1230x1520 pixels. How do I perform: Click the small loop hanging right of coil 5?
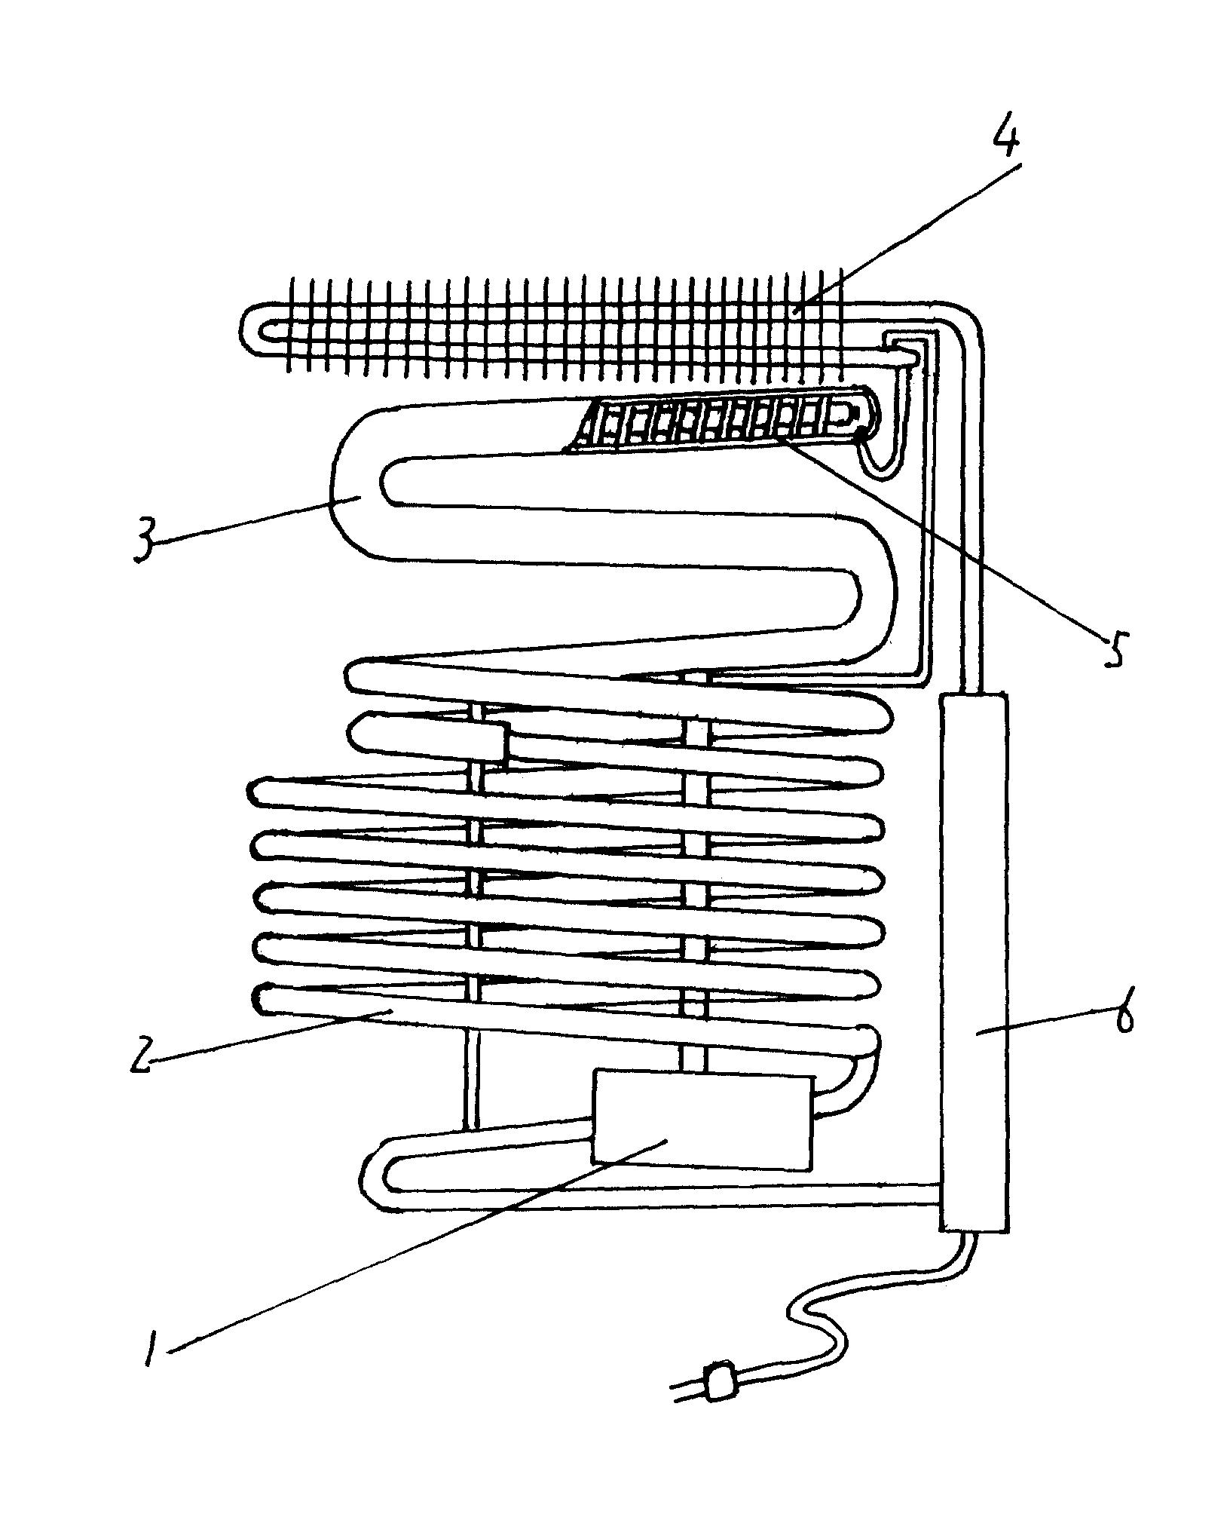882,460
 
